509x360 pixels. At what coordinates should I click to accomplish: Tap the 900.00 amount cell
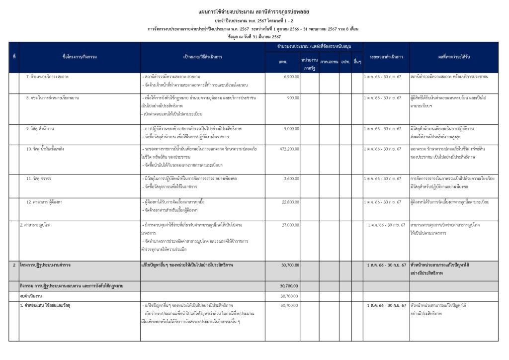coord(293,98)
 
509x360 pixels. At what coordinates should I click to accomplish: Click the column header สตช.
coord(282,61)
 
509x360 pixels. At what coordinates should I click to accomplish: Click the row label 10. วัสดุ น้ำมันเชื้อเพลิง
coord(45,149)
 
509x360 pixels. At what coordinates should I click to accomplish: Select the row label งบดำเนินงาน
coord(29,296)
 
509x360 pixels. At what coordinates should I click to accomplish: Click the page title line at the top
coord(254,11)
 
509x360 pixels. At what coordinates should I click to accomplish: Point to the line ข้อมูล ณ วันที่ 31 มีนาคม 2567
coord(254,37)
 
